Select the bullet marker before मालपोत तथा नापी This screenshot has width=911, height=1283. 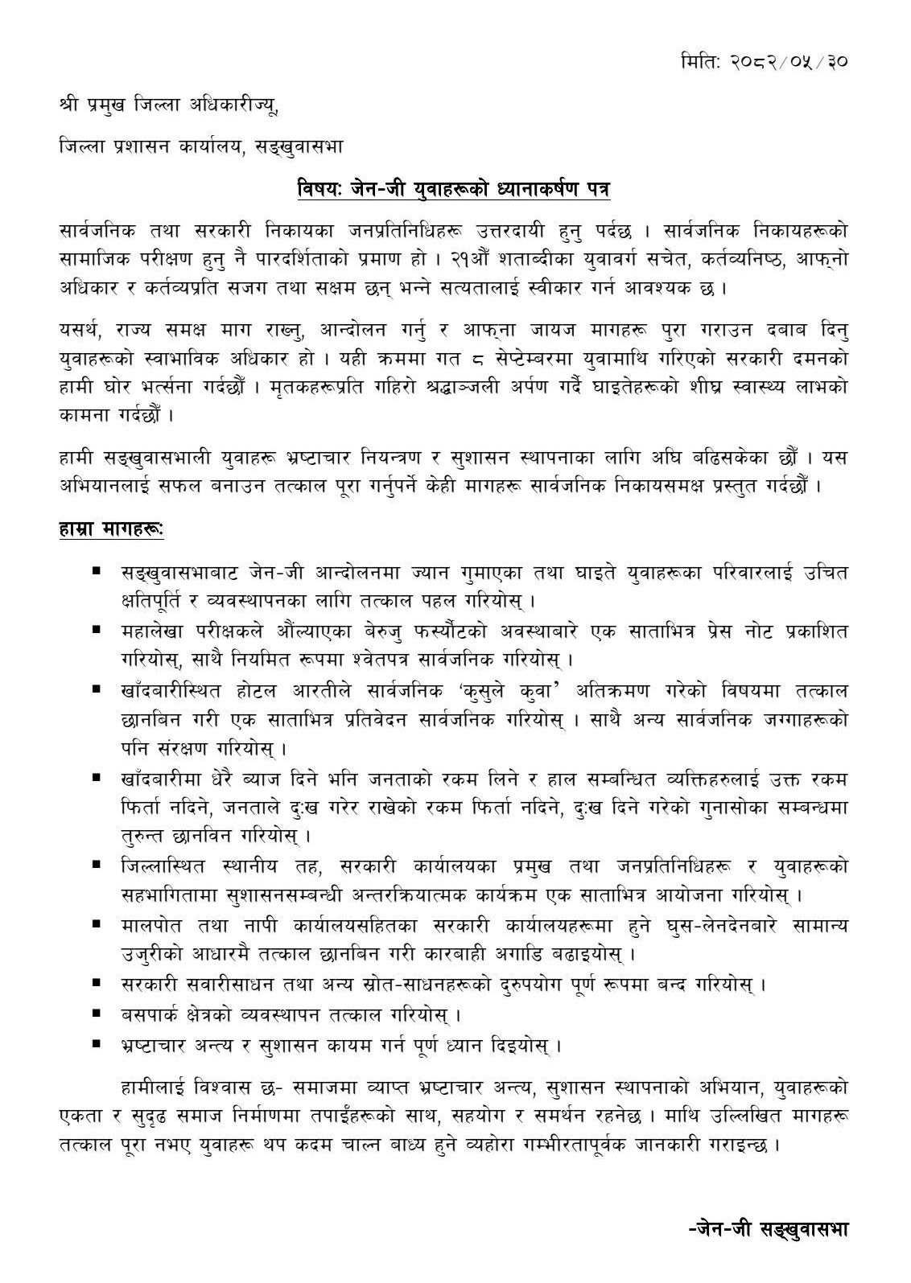click(x=97, y=925)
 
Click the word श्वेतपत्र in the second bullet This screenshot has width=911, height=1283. click(x=357, y=660)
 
